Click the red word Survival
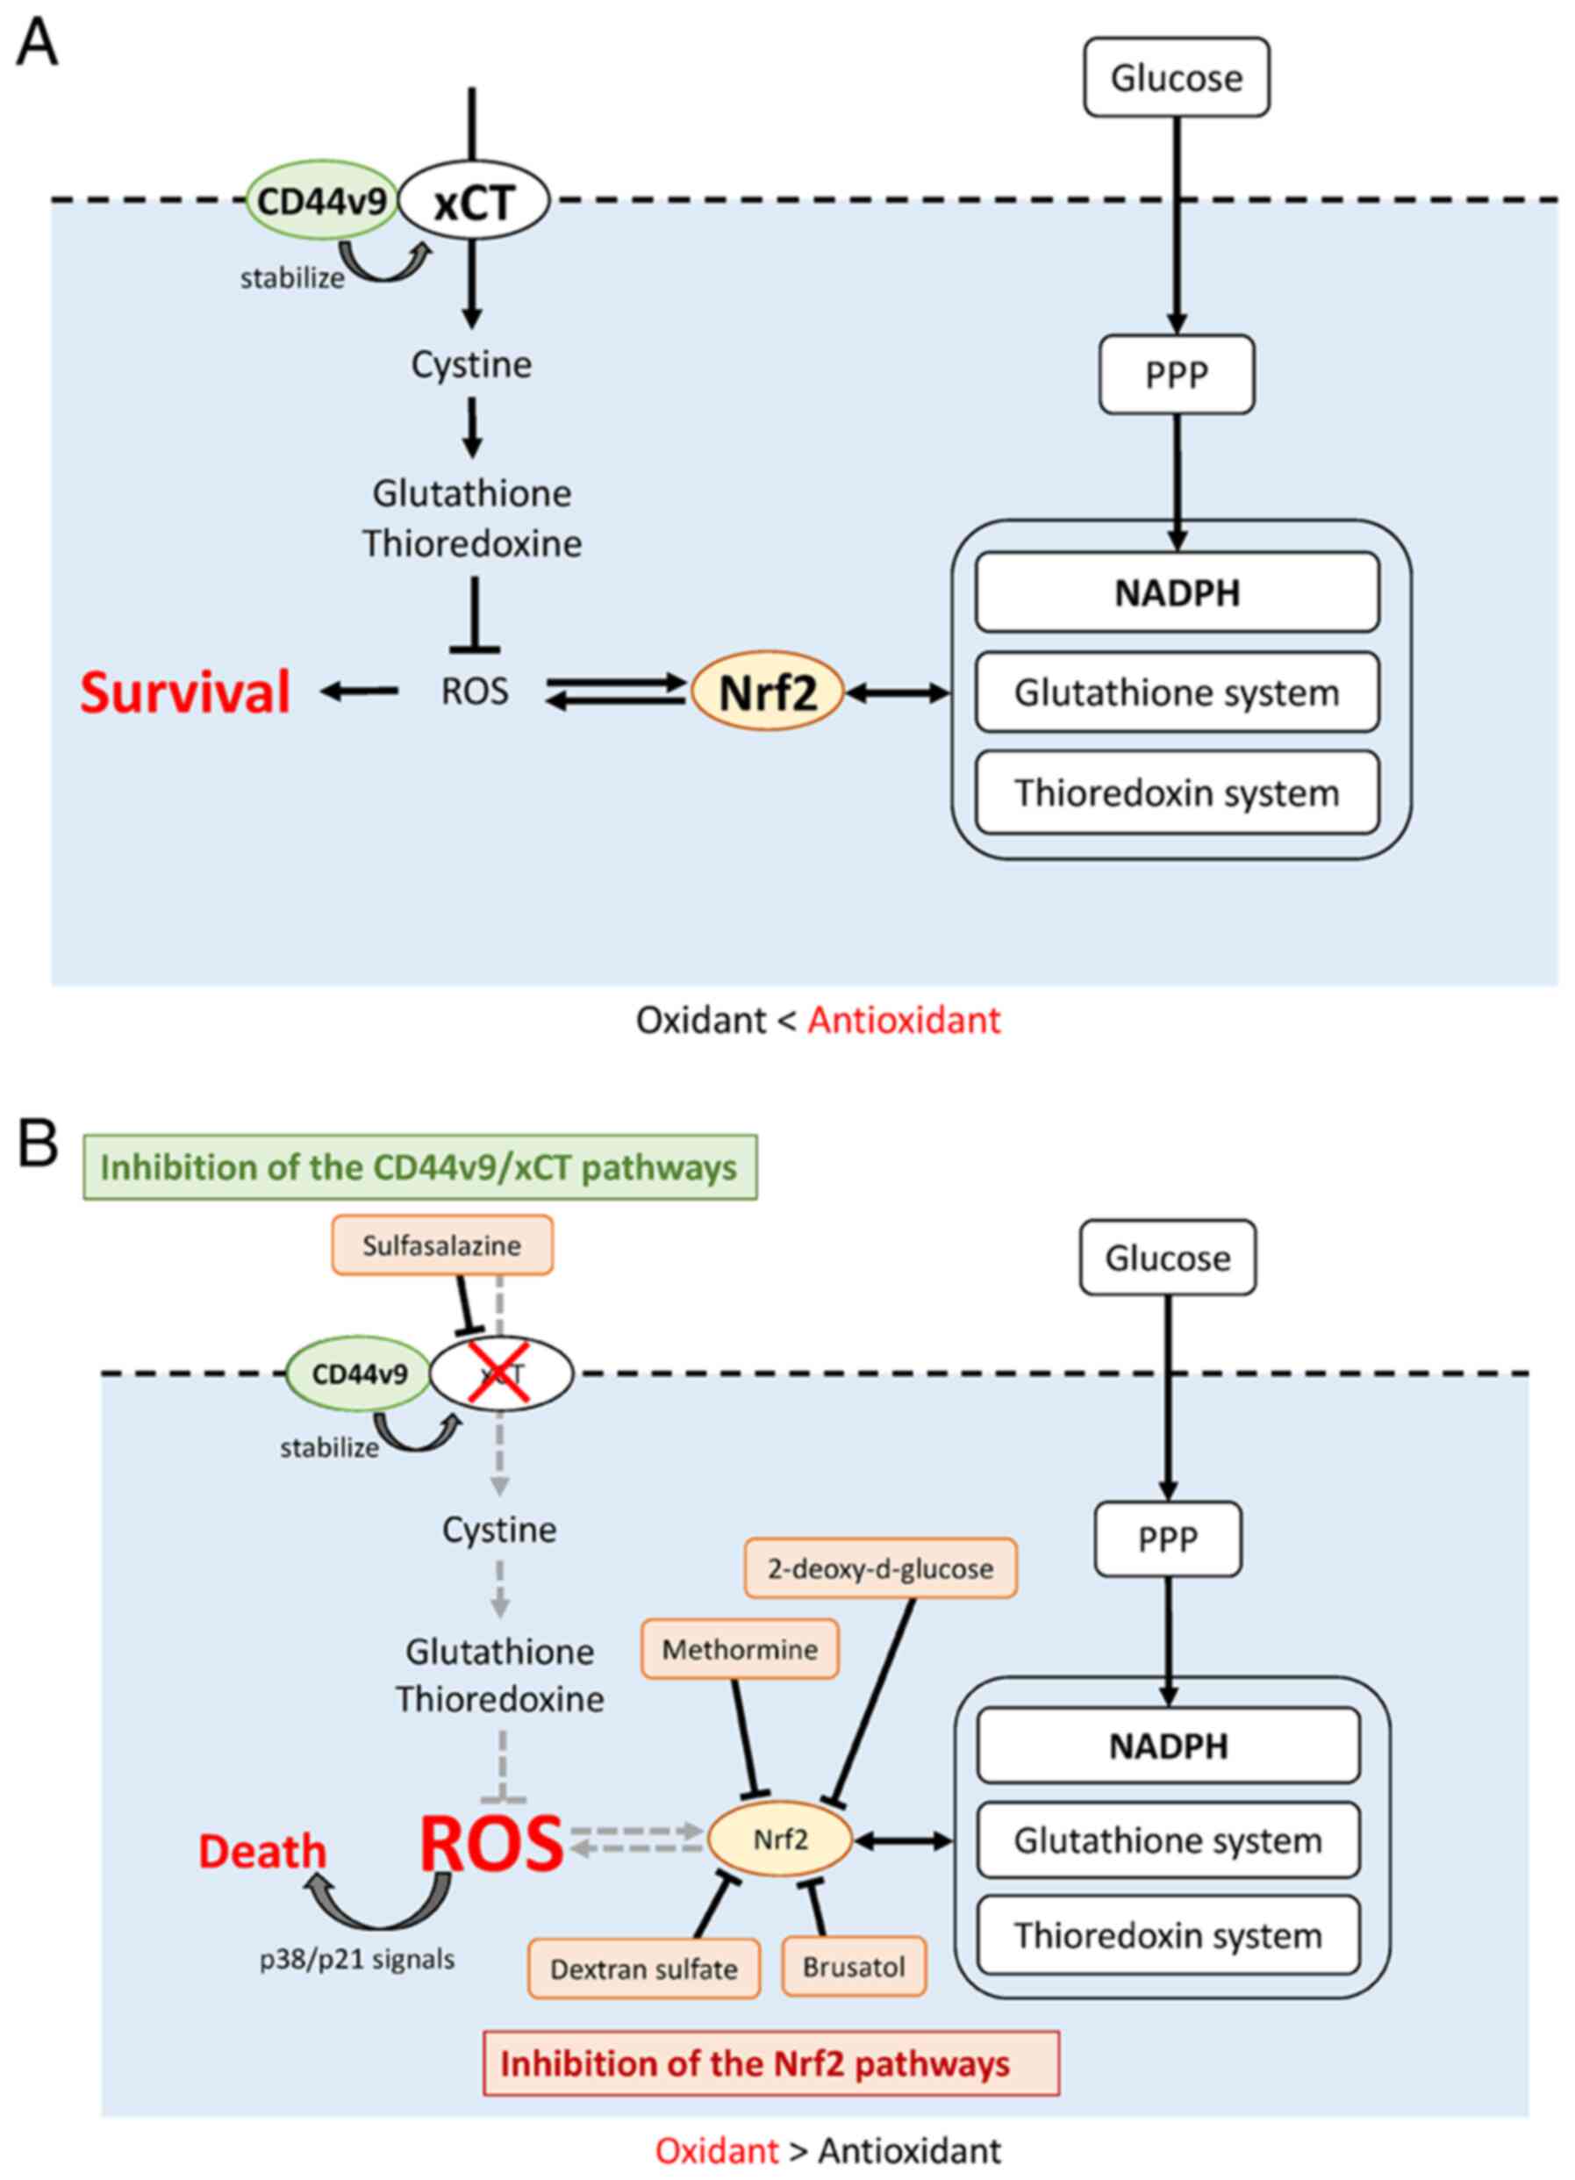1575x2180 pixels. tap(185, 693)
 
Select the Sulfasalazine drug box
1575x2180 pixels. tap(442, 1245)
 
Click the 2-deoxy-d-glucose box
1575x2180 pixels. tap(880, 1568)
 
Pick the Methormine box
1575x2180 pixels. tap(740, 1649)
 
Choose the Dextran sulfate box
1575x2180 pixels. tap(644, 1968)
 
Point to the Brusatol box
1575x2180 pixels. tap(855, 1967)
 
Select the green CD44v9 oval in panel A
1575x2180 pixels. tap(322, 201)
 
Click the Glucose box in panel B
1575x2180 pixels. tap(1168, 1259)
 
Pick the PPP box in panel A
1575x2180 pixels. tap(1177, 375)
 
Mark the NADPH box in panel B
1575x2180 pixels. tap(1169, 1745)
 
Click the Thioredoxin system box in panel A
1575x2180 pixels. tap(1178, 793)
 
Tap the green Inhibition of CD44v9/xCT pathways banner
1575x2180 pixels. tap(420, 1168)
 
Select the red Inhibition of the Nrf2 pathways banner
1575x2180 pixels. tap(770, 2063)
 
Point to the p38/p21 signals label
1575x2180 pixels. tap(357, 1959)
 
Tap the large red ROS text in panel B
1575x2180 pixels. tap(491, 1844)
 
